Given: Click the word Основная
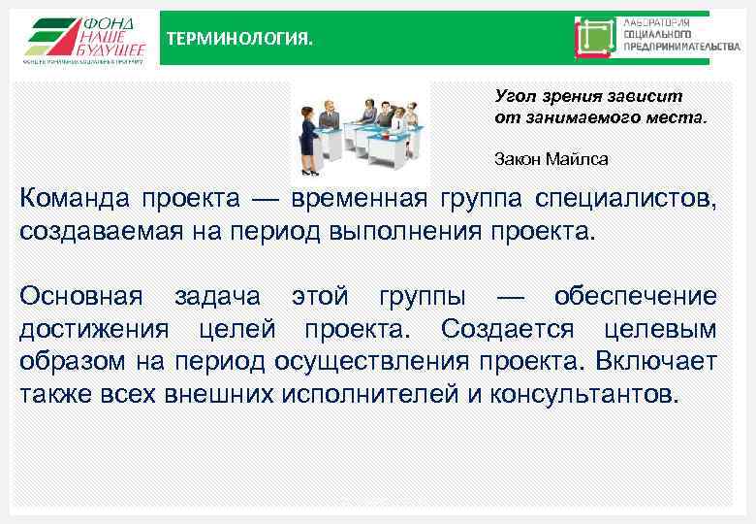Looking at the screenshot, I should [80, 296].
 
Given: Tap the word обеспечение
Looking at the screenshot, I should [636, 296].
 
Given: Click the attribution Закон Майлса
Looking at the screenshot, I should [551, 158].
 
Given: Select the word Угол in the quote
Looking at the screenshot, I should [513, 96].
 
